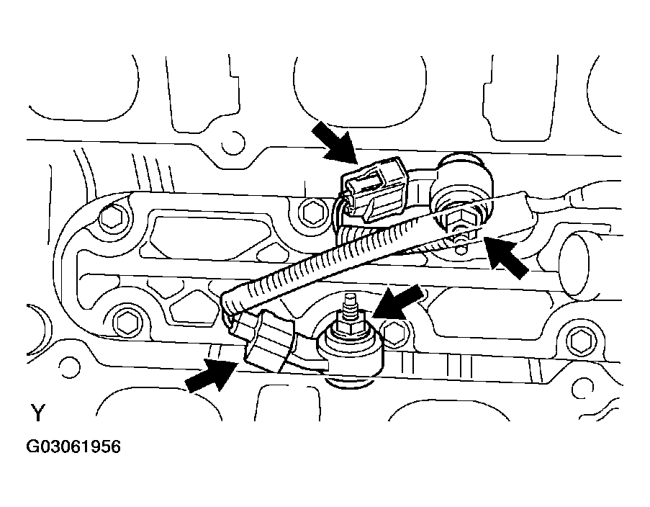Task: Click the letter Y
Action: [37, 413]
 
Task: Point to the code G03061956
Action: [74, 447]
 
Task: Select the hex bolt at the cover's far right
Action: [580, 337]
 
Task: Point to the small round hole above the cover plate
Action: [231, 147]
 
